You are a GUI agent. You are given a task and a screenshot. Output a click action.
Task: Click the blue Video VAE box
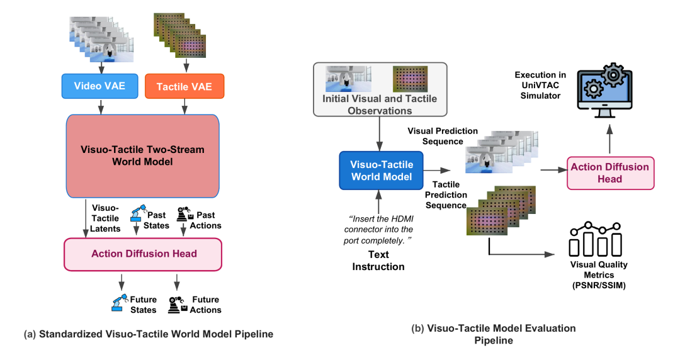(99, 86)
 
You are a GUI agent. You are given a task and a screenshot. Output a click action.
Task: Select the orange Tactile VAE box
(184, 86)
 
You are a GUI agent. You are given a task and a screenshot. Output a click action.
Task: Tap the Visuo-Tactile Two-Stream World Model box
(143, 155)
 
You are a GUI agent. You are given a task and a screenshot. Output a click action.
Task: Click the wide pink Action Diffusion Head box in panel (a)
(143, 254)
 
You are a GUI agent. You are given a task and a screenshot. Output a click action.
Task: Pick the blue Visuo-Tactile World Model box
(381, 171)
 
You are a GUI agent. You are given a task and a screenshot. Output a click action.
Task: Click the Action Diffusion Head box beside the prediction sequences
(610, 173)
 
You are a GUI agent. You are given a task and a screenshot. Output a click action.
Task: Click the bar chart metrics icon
(596, 239)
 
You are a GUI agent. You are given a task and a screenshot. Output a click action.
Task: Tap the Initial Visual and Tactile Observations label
(380, 104)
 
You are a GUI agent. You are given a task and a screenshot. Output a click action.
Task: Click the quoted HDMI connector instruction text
(378, 230)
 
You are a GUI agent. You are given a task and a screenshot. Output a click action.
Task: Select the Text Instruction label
(378, 260)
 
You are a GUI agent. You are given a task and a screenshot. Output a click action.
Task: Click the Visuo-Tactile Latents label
(105, 218)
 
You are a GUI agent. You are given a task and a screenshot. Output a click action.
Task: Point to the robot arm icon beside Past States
(139, 213)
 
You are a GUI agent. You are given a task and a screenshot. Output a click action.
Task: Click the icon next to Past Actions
(185, 214)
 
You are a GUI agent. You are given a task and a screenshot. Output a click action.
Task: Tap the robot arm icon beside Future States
(119, 303)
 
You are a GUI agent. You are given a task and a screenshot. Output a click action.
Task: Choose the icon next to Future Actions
(178, 305)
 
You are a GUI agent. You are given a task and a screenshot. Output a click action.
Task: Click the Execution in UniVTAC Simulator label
(540, 86)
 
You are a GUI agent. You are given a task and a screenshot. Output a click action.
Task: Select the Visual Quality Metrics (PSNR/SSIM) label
(599, 275)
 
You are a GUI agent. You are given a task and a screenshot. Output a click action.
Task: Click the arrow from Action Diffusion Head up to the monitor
(609, 139)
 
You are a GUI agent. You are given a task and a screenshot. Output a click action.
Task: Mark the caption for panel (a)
(149, 334)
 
